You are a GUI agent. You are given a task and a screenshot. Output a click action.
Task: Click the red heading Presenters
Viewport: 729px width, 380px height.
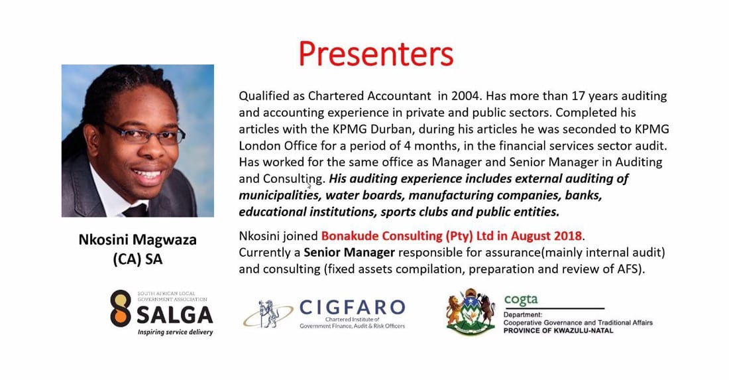coord(376,54)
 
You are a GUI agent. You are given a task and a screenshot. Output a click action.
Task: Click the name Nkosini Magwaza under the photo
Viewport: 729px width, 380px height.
coord(138,239)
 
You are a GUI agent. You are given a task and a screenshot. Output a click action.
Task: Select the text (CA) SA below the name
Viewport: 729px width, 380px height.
coord(138,259)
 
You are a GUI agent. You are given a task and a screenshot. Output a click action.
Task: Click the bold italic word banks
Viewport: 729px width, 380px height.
coord(585,196)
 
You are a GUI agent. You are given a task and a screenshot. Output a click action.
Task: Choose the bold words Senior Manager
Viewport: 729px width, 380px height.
coord(349,253)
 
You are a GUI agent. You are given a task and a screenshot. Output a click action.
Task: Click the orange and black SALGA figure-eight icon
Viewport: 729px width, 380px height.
coord(121,308)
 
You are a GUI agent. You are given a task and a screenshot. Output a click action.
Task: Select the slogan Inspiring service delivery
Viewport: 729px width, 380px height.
coord(175,332)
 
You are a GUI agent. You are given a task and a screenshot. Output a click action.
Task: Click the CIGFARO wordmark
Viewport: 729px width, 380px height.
coord(353,307)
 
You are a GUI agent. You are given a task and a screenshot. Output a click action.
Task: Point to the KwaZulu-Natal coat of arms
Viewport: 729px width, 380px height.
coord(471,312)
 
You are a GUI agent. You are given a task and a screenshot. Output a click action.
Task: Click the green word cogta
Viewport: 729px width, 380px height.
coord(521,300)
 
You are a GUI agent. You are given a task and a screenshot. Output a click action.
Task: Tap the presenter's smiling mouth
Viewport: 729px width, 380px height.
coord(148,175)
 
